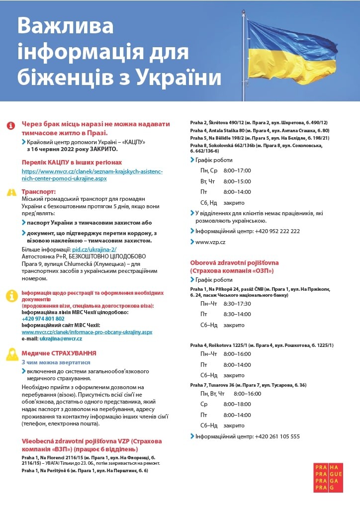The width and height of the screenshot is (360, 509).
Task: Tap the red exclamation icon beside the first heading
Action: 11,126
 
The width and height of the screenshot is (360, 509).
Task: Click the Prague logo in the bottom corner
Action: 328,477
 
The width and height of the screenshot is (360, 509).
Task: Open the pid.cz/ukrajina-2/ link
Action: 94,250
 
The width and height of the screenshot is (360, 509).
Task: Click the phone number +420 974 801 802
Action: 43,319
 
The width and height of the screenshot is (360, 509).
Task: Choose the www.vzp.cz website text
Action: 210,242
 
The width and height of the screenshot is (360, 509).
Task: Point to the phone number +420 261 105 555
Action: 277,436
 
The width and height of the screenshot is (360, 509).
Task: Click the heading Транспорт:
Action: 39,191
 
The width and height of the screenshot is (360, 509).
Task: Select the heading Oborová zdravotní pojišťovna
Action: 235,262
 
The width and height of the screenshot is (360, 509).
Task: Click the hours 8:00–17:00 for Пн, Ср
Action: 237,170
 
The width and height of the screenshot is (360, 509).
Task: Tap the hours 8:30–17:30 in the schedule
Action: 237,303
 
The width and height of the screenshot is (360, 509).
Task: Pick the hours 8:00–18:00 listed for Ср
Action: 237,404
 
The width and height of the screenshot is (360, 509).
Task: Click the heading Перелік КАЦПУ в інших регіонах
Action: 72,163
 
